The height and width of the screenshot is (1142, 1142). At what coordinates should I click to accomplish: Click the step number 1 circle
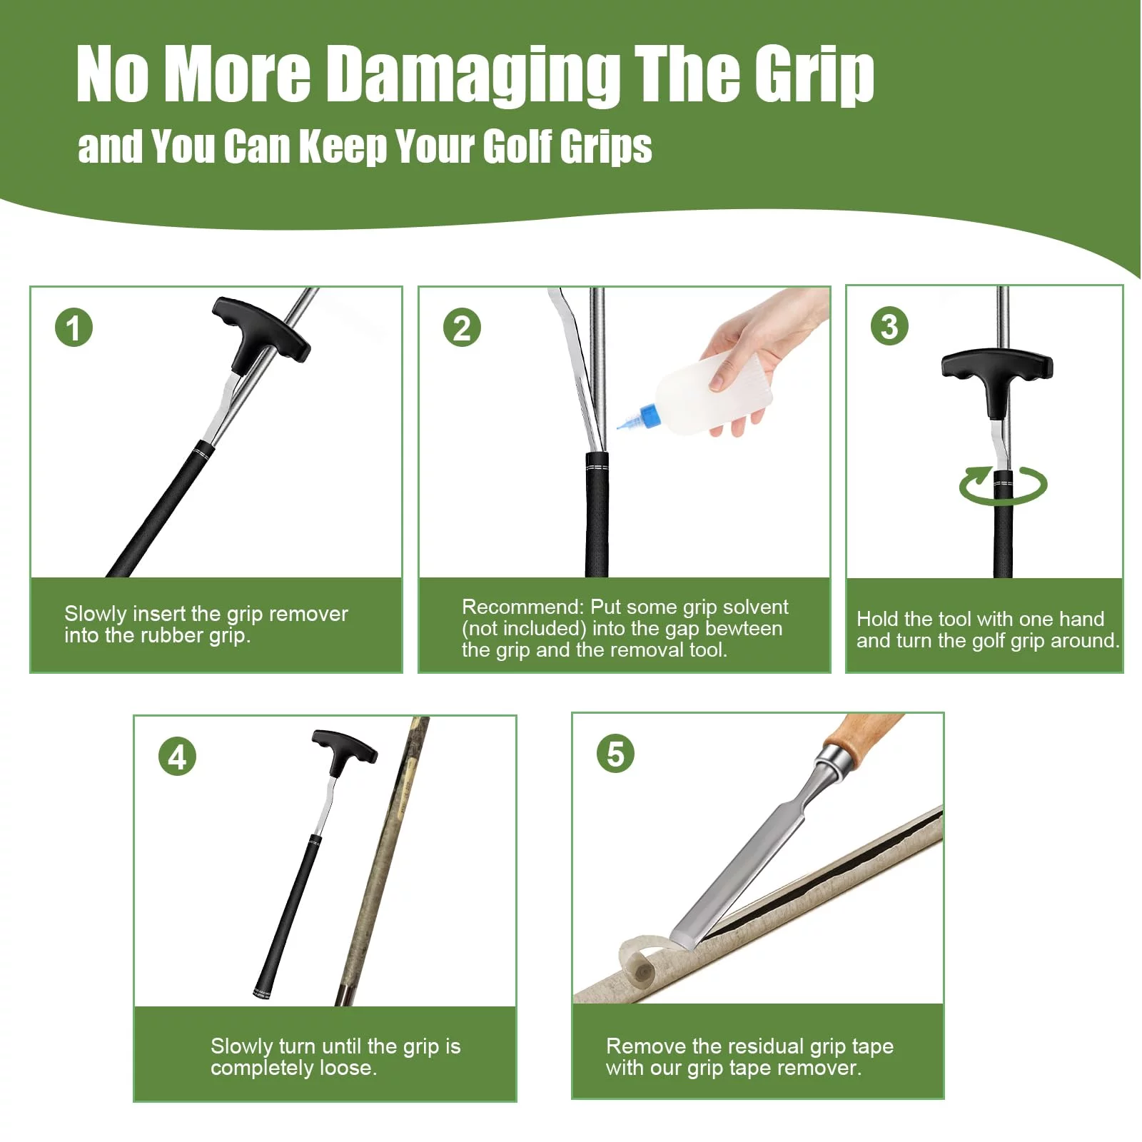pos(74,328)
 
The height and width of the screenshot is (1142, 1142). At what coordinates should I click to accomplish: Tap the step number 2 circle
pos(462,328)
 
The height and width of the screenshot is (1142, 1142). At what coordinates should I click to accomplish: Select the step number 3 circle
pos(889,326)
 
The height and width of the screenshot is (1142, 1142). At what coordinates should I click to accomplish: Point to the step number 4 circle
pos(177,757)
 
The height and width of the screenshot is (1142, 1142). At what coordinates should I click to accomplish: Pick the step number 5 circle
pos(615,754)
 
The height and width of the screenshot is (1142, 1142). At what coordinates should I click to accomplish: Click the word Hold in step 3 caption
pos(879,619)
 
